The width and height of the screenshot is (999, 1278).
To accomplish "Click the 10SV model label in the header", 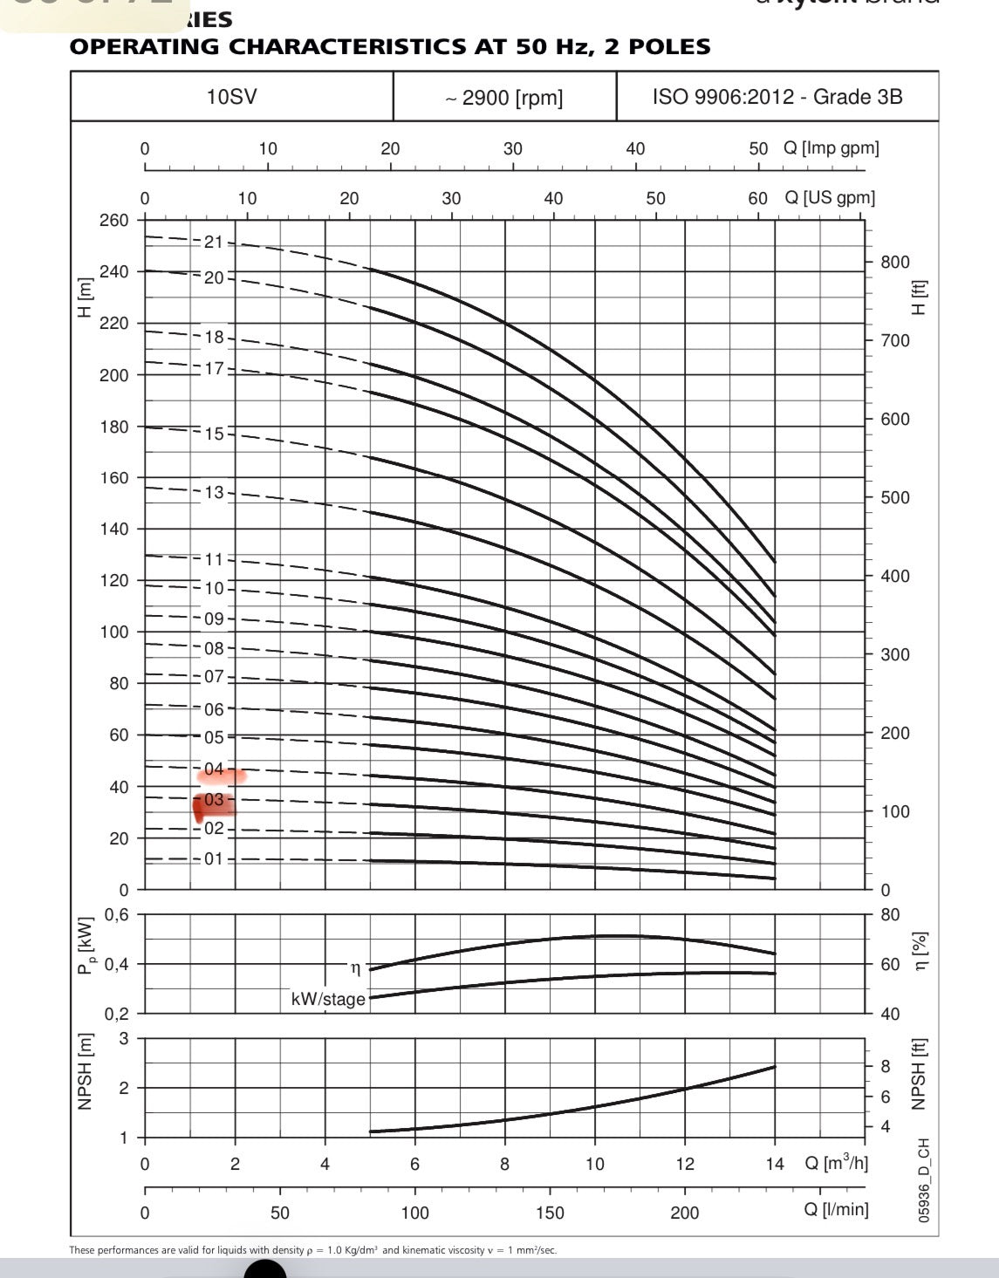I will [231, 96].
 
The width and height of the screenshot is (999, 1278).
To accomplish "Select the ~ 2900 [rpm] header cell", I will [504, 98].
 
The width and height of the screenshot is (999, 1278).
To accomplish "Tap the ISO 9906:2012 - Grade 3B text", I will [777, 96].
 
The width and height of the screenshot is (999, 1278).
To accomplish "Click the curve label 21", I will [214, 243].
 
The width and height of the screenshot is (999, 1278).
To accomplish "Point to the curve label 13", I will [214, 493].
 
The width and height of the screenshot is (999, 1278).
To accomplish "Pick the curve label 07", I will [214, 677].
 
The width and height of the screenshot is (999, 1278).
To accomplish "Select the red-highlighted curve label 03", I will [214, 800].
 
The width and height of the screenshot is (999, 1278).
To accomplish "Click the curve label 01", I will [214, 859].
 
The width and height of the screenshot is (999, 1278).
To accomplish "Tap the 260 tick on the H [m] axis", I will [113, 220].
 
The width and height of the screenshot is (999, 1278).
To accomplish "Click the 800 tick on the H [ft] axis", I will [894, 262].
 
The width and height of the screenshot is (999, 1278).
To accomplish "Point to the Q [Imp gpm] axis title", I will [831, 148].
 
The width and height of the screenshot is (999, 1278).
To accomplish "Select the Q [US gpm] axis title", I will [829, 198].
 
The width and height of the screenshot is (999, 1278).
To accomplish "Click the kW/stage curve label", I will [328, 999].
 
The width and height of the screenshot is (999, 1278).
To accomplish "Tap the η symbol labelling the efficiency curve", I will [355, 968].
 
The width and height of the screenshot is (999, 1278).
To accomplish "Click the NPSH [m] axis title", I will [85, 1072].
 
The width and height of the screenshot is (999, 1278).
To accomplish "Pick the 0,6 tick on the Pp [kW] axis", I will [116, 915].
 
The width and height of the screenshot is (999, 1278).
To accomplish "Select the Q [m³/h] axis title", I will [836, 1163].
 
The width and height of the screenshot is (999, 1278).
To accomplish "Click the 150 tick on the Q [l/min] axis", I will [550, 1213].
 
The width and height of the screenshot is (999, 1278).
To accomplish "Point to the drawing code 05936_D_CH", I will [924, 1179].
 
